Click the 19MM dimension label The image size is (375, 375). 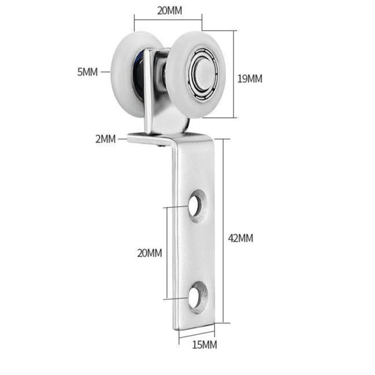click(249, 78)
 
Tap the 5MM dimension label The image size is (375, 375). click(87, 72)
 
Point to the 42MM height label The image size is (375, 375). click(240, 238)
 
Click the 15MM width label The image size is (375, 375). click(204, 345)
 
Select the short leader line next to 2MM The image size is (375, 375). click(120, 138)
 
